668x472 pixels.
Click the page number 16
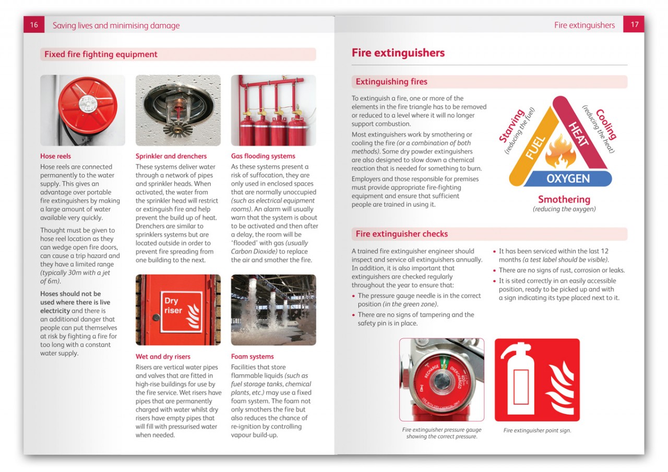pos(33,25)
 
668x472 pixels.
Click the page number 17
pos(634,25)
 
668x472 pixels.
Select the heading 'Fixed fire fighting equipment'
pos(101,54)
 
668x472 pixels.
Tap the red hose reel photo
pos(82,110)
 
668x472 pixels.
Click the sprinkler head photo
pos(178,110)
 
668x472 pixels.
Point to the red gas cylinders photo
pos(273,110)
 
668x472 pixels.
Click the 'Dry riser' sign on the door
pos(181,310)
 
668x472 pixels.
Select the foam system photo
pos(273,310)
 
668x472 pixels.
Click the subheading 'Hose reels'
pos(55,156)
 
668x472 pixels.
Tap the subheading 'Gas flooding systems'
pos(263,156)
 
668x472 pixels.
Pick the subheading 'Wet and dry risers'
pos(163,357)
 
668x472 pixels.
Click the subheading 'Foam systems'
pos(252,357)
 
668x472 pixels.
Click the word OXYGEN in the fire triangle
pos(568,179)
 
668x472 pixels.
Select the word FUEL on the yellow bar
pos(535,147)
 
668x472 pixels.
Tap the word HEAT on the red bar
pos(578,134)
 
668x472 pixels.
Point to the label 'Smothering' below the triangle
pos(564,199)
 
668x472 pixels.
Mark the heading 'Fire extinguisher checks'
pos(401,234)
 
